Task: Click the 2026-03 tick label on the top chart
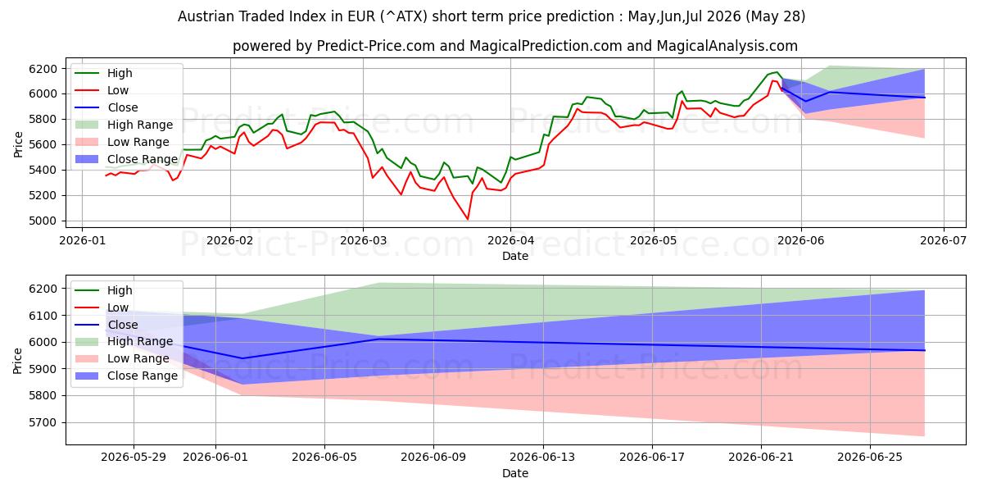(x=363, y=241)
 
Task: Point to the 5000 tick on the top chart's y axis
(x=43, y=221)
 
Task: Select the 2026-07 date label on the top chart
(x=943, y=241)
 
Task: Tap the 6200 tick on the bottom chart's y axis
(x=43, y=289)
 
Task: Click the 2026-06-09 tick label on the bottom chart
(x=433, y=458)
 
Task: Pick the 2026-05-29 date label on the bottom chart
(x=134, y=458)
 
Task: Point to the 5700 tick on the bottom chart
(x=43, y=422)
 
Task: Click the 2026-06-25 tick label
(x=870, y=458)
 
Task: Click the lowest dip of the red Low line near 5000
(x=468, y=219)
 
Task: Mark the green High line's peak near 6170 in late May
(x=777, y=72)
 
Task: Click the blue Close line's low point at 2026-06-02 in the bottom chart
(x=242, y=358)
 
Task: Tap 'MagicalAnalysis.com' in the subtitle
(x=727, y=46)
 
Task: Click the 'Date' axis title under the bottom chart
(x=515, y=474)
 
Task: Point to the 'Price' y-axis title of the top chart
(x=17, y=144)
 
